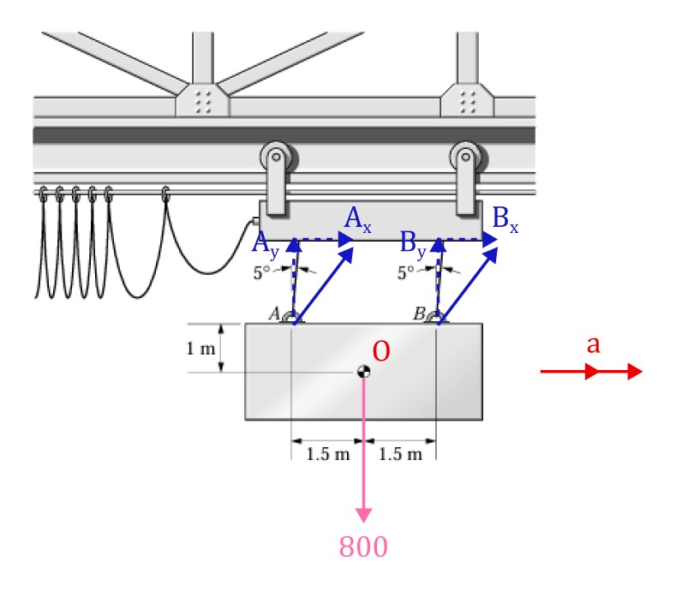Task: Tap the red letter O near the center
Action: [x=382, y=350]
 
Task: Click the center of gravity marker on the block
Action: [x=363, y=371]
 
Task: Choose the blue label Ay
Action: [x=266, y=246]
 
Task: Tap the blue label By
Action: [x=415, y=246]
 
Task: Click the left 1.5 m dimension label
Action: [x=327, y=453]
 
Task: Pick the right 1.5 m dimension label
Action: [x=400, y=453]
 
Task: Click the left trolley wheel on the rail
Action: [x=274, y=158]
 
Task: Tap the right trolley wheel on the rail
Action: [x=466, y=158]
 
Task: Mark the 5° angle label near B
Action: [x=409, y=275]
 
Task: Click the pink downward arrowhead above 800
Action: [x=363, y=514]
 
